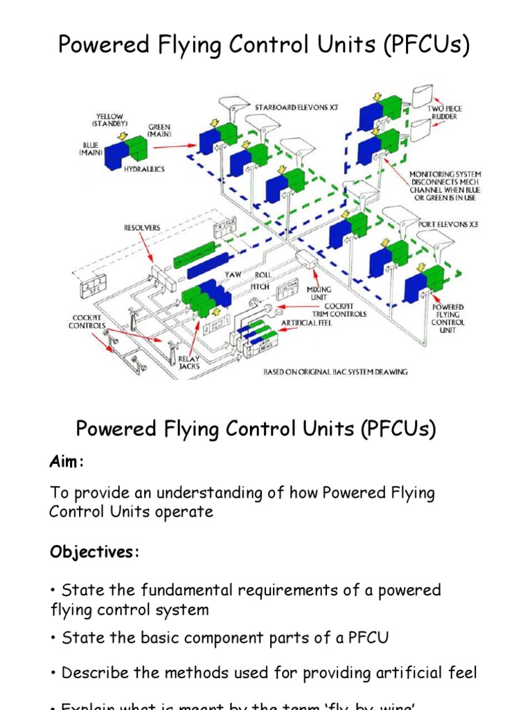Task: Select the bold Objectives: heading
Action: coord(94,552)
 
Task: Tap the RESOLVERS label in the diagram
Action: coord(143,227)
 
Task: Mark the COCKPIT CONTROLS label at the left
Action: coord(87,321)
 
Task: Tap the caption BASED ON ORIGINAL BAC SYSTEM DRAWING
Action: coord(335,372)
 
